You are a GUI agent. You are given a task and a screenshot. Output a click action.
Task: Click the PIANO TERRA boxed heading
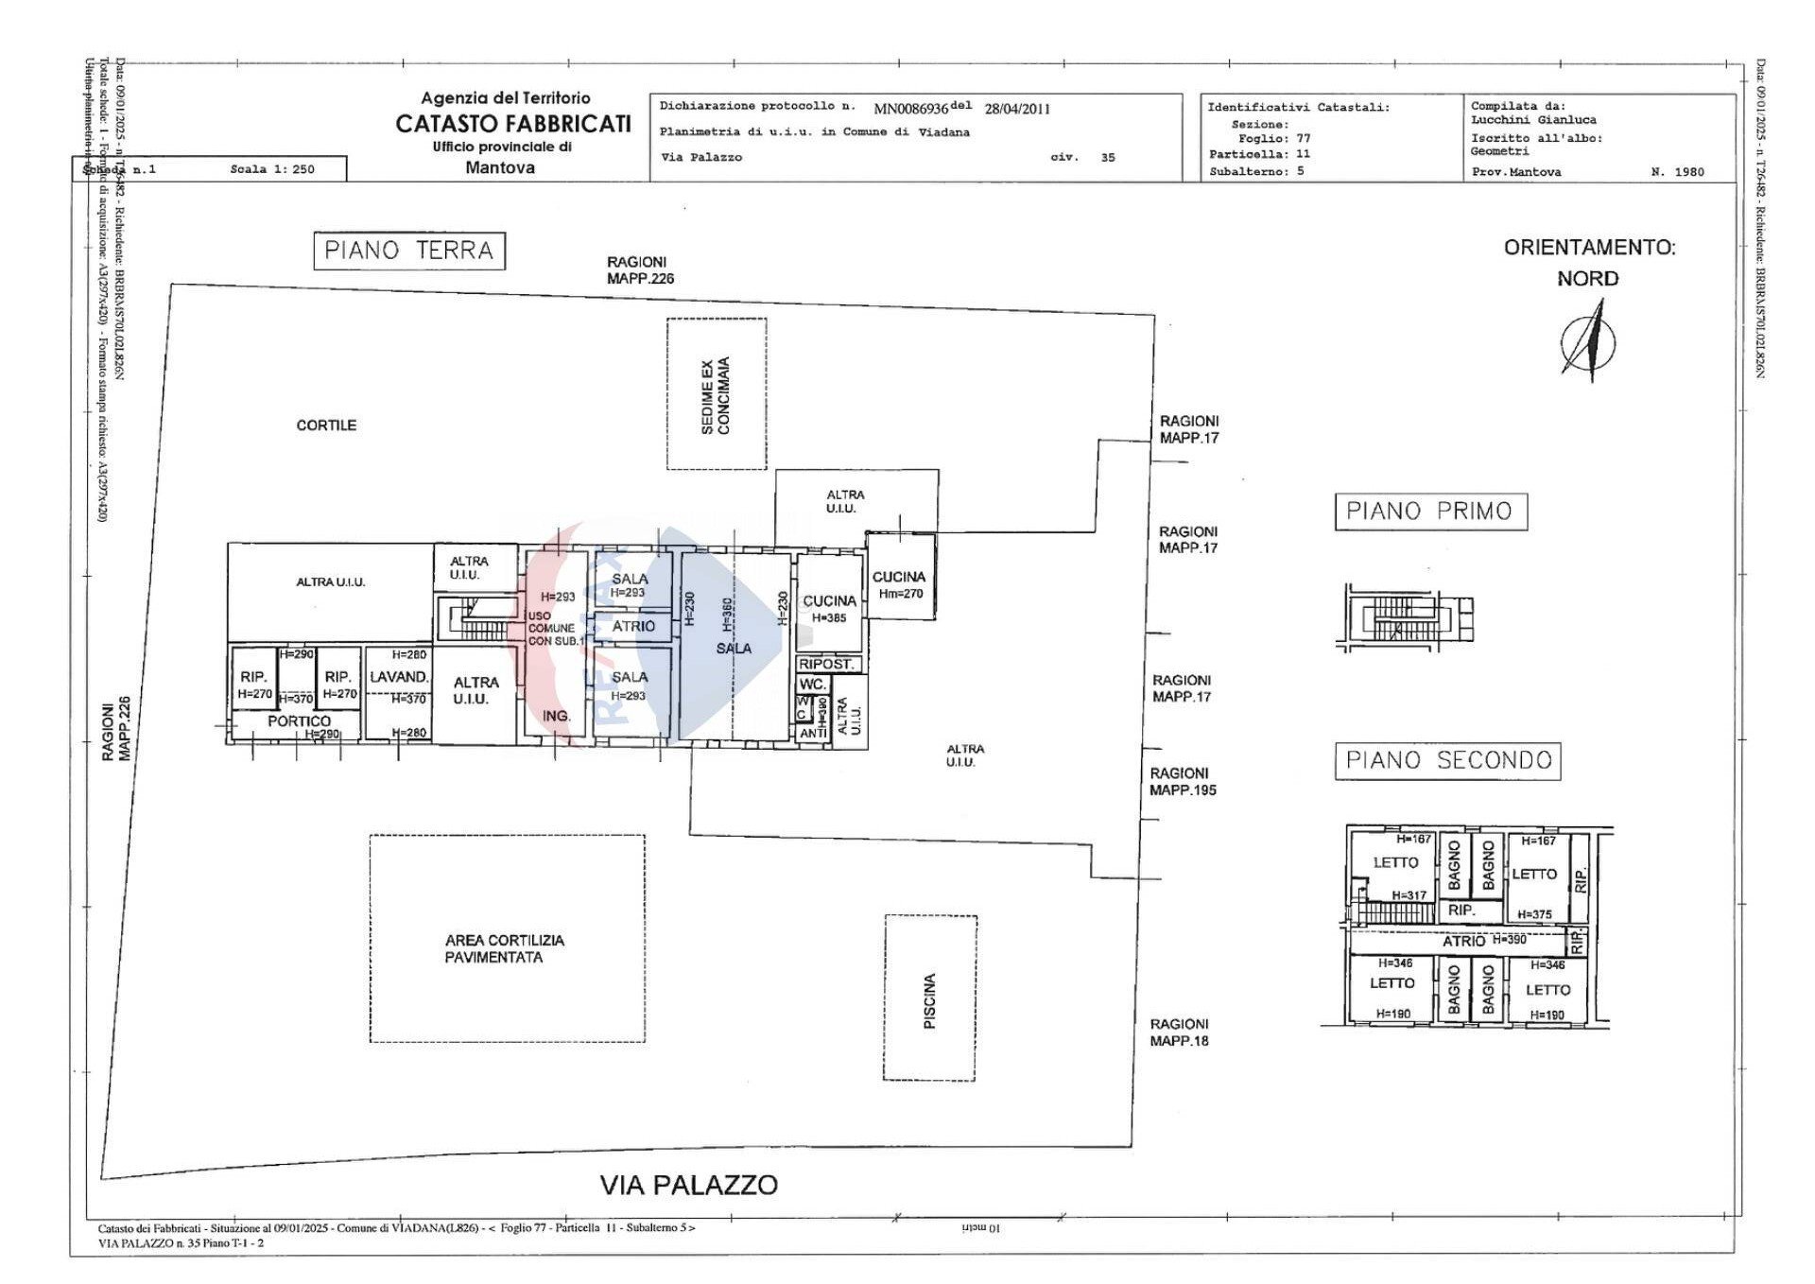(408, 251)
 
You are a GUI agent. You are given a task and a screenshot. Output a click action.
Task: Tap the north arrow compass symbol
(1589, 340)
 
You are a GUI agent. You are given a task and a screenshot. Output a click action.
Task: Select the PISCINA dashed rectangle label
(929, 1000)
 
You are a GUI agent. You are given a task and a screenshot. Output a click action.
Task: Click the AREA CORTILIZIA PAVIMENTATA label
(505, 948)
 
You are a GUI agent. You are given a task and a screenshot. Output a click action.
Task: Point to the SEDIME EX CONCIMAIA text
(716, 395)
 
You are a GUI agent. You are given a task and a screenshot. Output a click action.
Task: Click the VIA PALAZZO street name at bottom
(688, 1185)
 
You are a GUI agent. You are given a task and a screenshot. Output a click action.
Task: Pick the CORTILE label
(326, 425)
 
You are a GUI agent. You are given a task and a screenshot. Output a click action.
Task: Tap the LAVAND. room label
(398, 677)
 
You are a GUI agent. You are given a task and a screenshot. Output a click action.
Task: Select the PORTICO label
(299, 720)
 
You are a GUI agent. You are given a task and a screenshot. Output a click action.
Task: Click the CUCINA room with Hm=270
(899, 582)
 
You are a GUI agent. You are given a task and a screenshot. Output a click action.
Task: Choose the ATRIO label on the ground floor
(633, 626)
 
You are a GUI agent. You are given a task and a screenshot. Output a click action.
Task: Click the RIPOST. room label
(826, 665)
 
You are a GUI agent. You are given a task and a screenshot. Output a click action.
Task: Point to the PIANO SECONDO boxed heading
(1447, 760)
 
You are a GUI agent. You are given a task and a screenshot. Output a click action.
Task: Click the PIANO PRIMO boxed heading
(1429, 511)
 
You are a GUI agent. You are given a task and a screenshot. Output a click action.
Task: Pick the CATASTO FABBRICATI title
(512, 124)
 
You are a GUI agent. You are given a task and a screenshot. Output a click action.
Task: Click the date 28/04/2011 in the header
(1016, 109)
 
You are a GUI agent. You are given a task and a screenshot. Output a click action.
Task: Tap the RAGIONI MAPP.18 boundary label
(1178, 1032)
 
